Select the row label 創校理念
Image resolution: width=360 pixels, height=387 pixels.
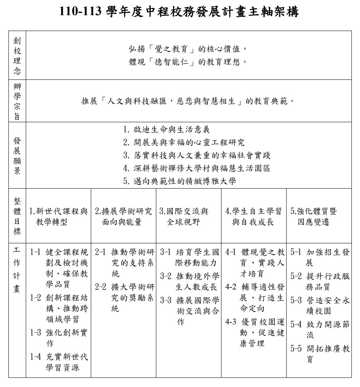click(x=17, y=55)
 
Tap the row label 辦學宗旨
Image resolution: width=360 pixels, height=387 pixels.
click(x=17, y=101)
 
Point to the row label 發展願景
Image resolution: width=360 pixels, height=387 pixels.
click(x=17, y=155)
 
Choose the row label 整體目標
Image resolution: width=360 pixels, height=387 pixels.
click(x=17, y=216)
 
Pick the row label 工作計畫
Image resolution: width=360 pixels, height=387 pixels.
click(x=17, y=270)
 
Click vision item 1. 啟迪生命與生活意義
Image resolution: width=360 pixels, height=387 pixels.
click(x=166, y=130)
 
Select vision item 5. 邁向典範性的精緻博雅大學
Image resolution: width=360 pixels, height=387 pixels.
click(x=180, y=181)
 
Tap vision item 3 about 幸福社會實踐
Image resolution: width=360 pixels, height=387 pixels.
click(x=197, y=155)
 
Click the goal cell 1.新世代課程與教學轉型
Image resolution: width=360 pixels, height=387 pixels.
click(x=58, y=216)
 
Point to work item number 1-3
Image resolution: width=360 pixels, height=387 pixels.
click(x=35, y=332)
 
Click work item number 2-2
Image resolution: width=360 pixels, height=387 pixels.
click(x=101, y=287)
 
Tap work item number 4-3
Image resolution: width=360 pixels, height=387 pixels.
click(x=231, y=322)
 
